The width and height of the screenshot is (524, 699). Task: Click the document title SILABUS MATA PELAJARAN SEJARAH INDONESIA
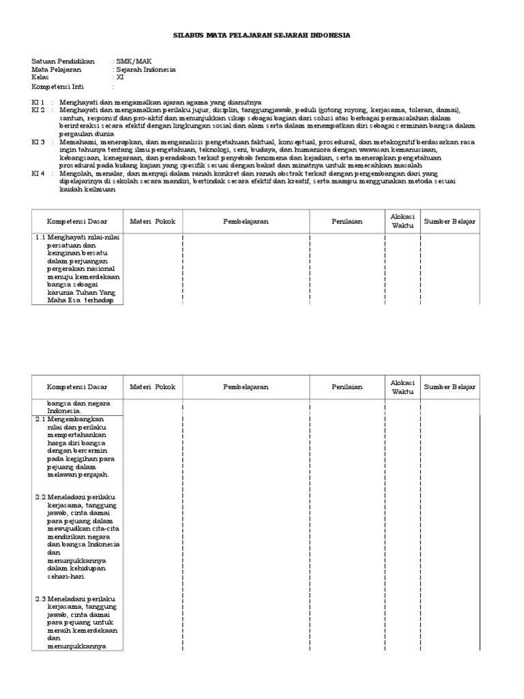pos(261,34)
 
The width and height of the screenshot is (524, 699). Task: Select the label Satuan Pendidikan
pos(63,61)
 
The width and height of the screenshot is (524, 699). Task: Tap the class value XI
pos(121,78)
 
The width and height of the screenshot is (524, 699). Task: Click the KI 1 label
pos(38,102)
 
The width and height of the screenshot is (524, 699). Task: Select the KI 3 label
pos(38,142)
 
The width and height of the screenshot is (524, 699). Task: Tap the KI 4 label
pos(38,174)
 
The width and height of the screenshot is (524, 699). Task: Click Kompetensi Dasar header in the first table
pos(74,221)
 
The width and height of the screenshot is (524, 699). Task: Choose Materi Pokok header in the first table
pos(153,221)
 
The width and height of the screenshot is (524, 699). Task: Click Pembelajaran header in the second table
pos(246,387)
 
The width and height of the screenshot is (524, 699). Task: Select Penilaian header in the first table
pos(347,221)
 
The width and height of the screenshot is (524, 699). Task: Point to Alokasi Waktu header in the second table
pos(403,387)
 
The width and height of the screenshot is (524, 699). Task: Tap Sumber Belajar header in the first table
pos(450,221)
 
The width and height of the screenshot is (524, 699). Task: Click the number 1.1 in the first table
pos(40,238)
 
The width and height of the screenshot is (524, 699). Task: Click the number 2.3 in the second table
pos(40,599)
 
